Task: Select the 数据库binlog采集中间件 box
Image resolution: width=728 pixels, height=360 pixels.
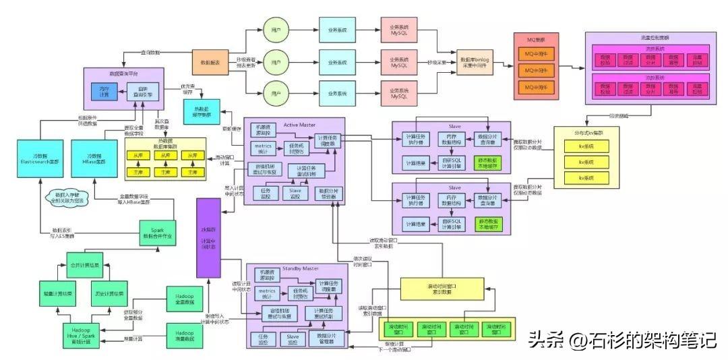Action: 476,63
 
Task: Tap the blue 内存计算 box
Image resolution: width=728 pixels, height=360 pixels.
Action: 104,90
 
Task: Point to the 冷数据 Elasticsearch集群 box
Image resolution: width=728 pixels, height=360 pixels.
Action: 37,155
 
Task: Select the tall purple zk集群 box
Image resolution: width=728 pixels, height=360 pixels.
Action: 209,239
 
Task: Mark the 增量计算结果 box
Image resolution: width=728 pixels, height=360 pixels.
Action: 58,294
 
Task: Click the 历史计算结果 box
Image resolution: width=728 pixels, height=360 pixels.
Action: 108,294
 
